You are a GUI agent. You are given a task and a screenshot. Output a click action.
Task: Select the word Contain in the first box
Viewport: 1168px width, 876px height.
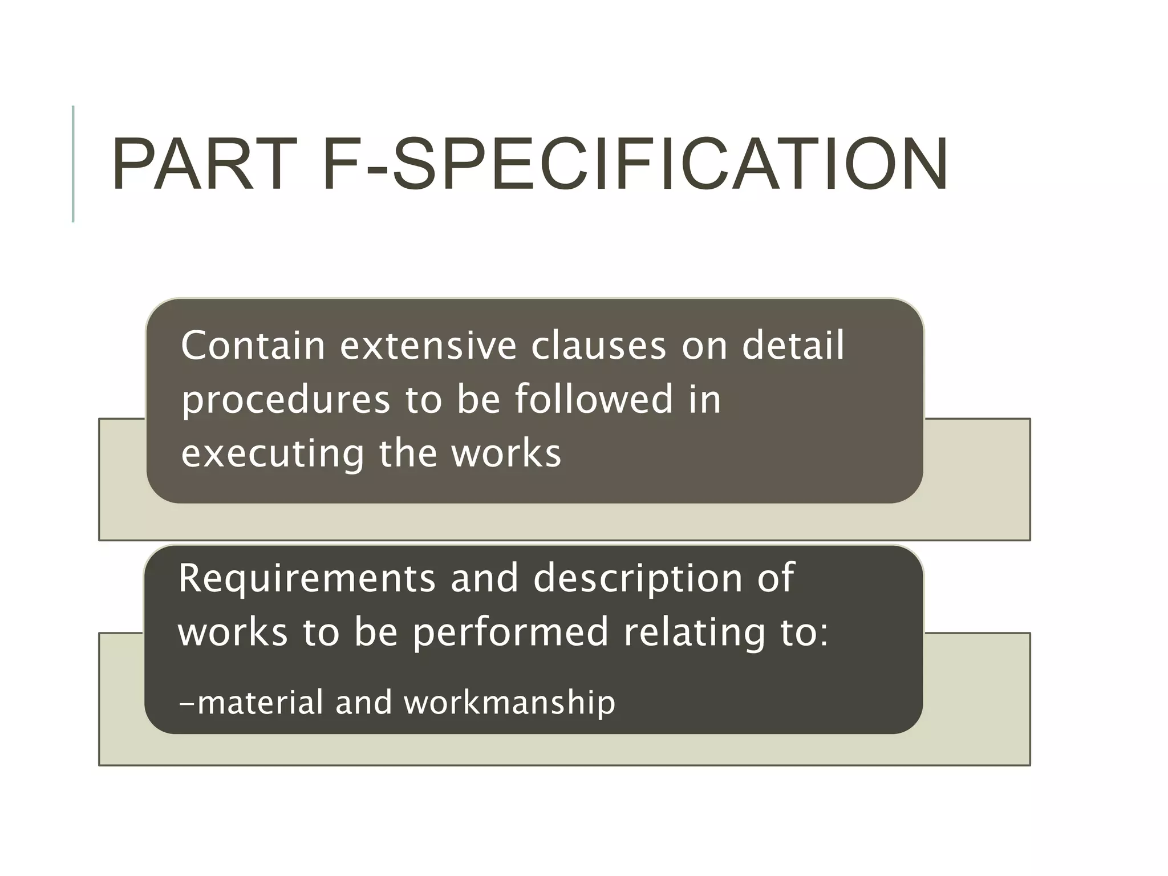pyautogui.click(x=252, y=346)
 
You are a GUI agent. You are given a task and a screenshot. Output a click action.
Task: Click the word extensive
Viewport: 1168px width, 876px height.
pyautogui.click(x=428, y=346)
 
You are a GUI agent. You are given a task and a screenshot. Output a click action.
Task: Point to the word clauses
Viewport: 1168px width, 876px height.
pyautogui.click(x=598, y=346)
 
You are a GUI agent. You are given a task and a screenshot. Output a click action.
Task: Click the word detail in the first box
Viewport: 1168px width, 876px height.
pyautogui.click(x=792, y=346)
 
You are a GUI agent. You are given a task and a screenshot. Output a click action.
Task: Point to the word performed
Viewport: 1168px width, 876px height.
pyautogui.click(x=511, y=634)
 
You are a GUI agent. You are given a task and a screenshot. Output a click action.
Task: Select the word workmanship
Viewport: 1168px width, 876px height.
pyautogui.click(x=510, y=703)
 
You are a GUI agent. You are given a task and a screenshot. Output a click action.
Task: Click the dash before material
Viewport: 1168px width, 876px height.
pyautogui.click(x=186, y=704)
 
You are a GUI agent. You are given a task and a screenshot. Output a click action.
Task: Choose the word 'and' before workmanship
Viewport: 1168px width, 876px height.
pyautogui.click(x=364, y=702)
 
